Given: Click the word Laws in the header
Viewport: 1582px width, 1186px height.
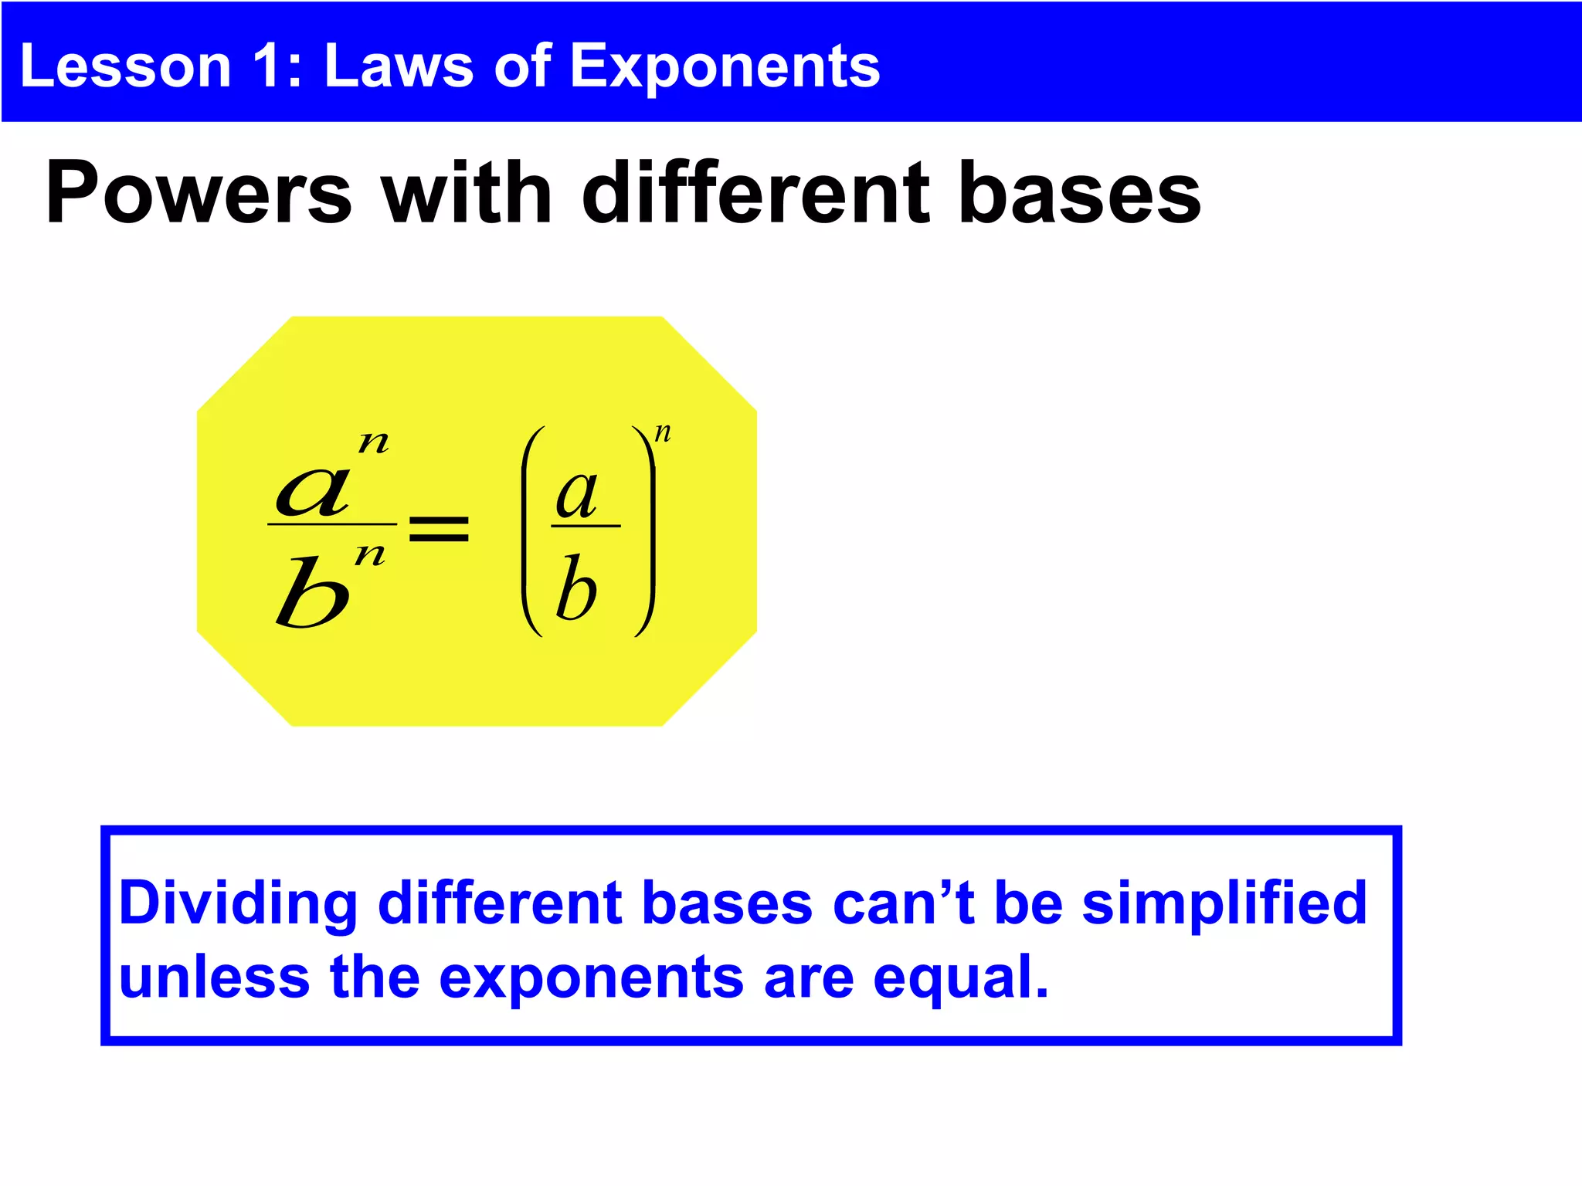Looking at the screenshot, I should pos(399,66).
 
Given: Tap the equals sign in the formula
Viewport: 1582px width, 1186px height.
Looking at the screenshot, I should pos(439,529).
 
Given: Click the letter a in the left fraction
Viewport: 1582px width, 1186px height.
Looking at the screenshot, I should pos(313,491).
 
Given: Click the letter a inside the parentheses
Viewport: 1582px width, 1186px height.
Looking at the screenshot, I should pos(577,494).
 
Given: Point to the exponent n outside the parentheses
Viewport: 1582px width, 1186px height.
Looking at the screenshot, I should pos(663,432).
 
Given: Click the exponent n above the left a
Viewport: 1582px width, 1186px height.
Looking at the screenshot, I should pos(374,442).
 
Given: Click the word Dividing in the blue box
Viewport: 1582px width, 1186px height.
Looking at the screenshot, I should pos(238,903).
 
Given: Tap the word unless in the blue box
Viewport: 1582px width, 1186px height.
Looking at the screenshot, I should pos(215,978).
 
